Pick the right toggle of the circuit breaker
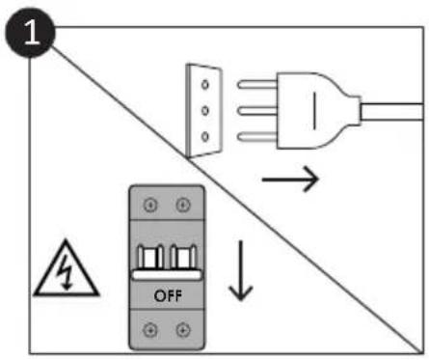183,257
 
